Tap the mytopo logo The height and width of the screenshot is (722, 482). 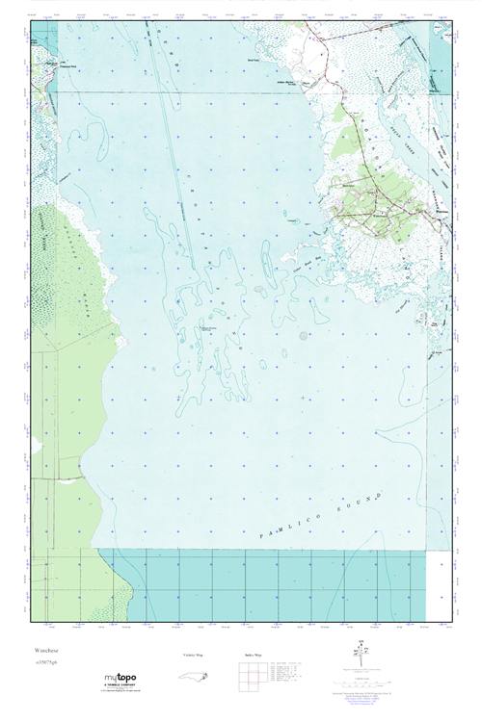point(122,681)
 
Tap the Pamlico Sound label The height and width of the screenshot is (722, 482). point(324,516)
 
